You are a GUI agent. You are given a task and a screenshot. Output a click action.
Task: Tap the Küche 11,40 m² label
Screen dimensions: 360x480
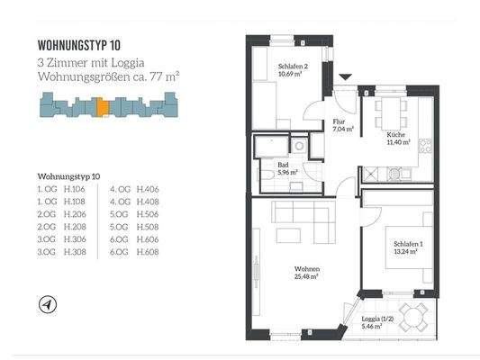(x=396, y=138)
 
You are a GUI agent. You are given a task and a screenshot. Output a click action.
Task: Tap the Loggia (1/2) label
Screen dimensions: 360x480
(x=366, y=321)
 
